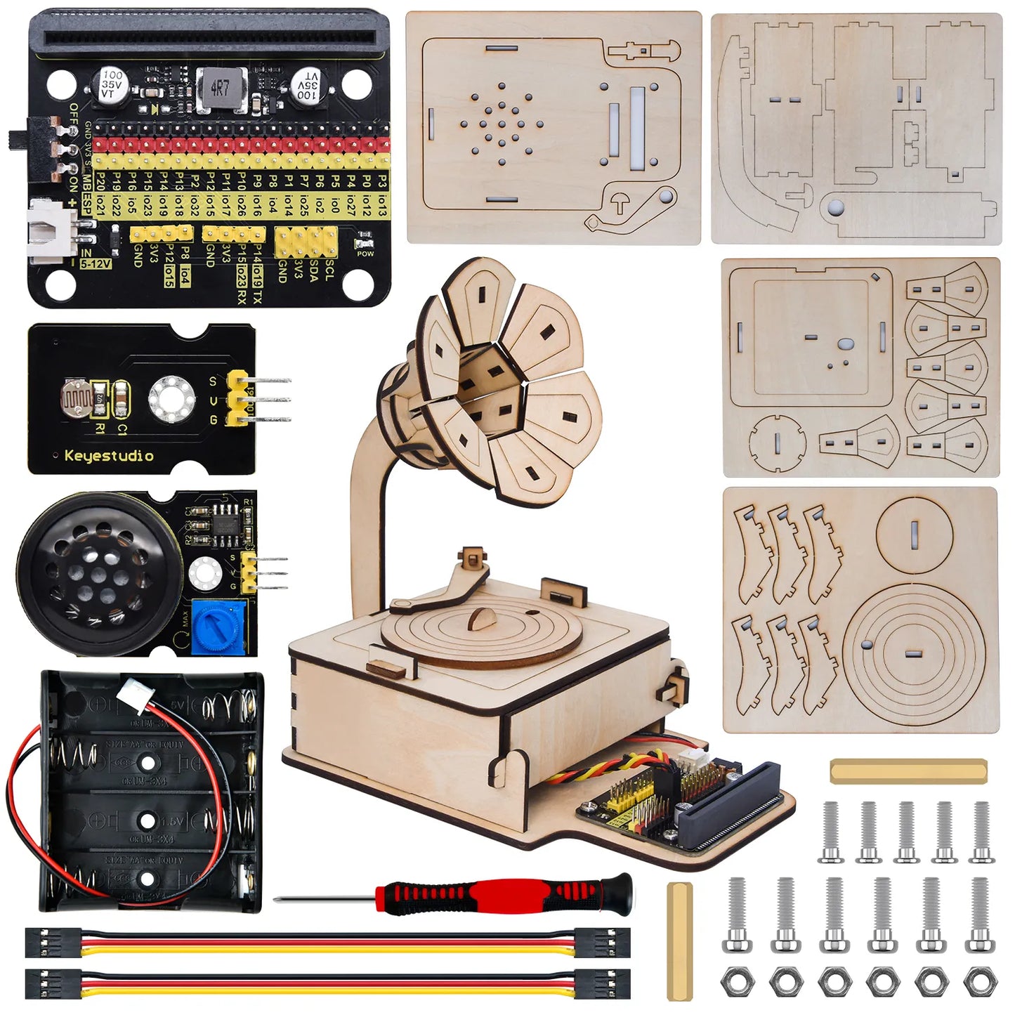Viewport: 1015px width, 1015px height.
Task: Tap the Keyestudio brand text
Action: coord(109,456)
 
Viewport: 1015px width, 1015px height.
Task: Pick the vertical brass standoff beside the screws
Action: coord(679,941)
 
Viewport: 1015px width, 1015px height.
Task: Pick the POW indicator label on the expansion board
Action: coord(365,254)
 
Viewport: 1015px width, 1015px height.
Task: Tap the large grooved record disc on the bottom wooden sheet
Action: coord(913,653)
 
